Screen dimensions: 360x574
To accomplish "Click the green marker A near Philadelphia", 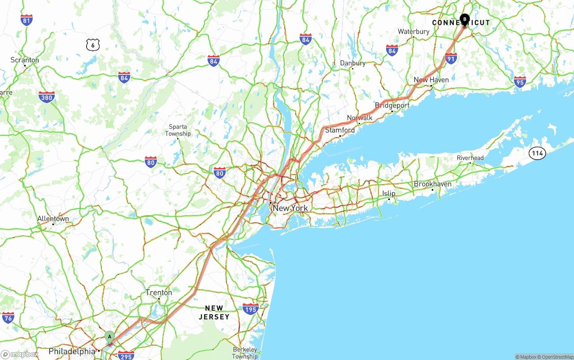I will tap(109, 337).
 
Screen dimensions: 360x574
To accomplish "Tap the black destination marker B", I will tap(465, 20).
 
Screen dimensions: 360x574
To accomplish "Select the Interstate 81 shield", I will tap(26, 20).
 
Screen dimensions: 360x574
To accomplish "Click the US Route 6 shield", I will tap(93, 44).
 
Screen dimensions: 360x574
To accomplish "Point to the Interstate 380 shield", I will tap(47, 97).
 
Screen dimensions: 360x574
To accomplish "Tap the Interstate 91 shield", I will tap(451, 58).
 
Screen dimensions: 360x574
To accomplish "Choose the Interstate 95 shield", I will tap(520, 82).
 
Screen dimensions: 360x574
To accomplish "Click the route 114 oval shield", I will tap(537, 153).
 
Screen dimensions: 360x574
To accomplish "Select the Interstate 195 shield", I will tap(250, 309).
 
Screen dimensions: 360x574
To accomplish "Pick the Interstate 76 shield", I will tap(8, 317).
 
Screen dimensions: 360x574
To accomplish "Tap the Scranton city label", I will tap(25, 60).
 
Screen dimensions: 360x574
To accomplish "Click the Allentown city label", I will tap(53, 219).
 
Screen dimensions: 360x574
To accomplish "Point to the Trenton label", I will tap(159, 293).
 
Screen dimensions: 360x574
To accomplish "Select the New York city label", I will tap(290, 208).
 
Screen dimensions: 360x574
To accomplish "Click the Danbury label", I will tap(352, 63).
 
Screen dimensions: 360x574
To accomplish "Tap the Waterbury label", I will tap(413, 32).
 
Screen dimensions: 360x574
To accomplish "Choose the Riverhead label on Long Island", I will tap(470, 158).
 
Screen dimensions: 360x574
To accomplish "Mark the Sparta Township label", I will tap(178, 130).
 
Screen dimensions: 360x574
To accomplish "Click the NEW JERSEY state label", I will tap(214, 312).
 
